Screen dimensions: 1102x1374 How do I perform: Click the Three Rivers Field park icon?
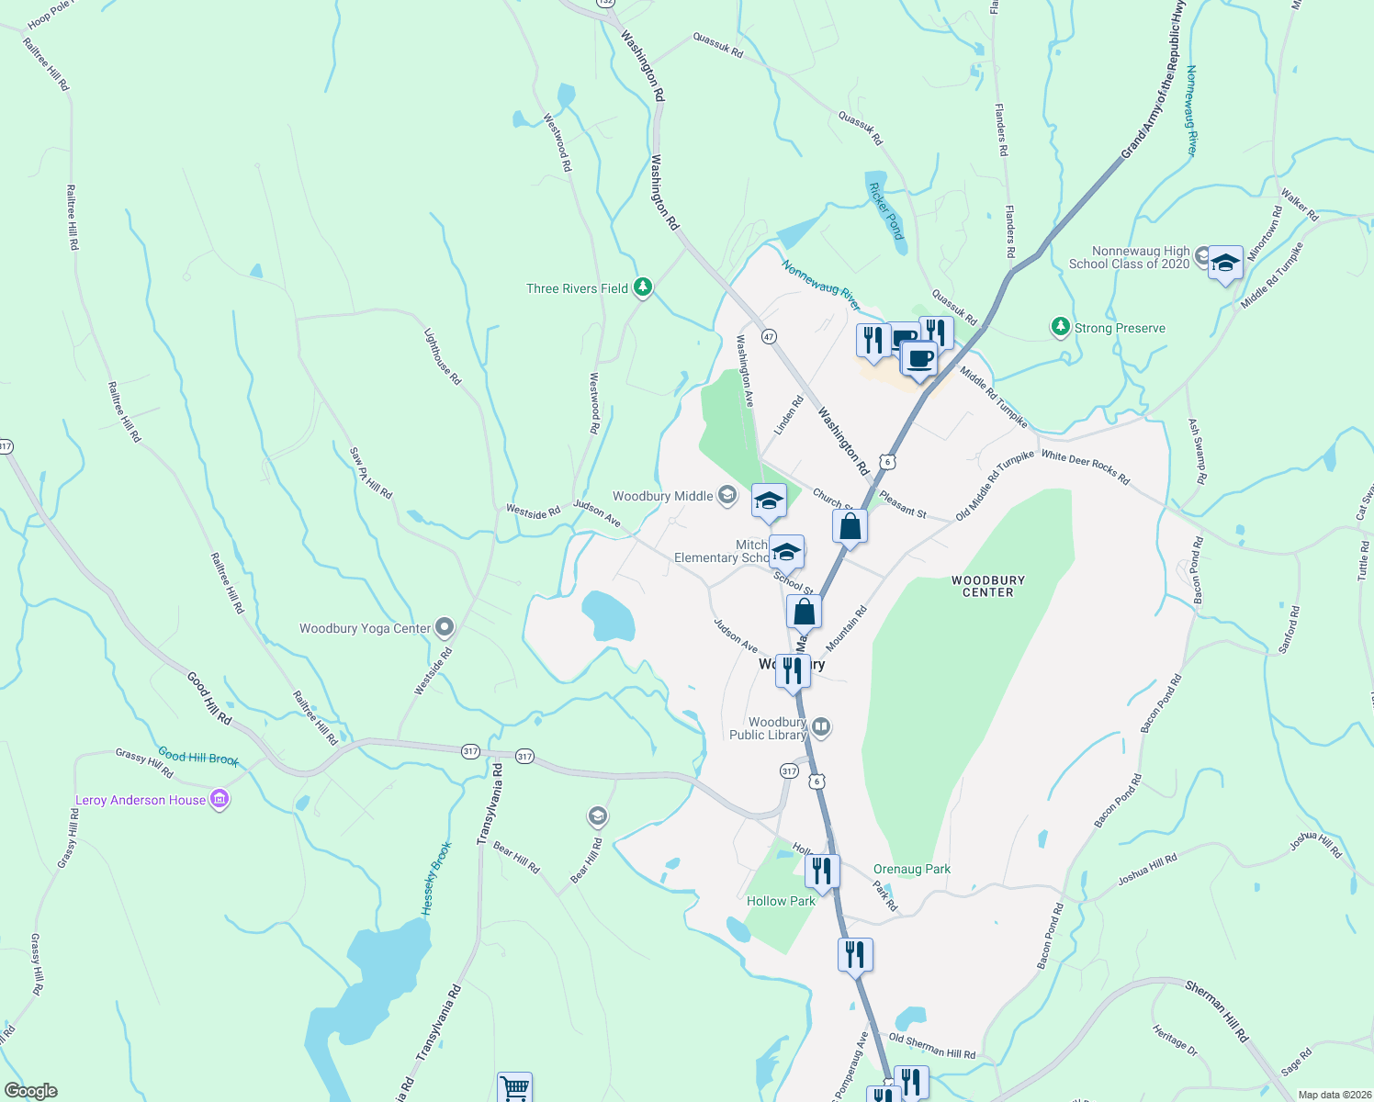(643, 288)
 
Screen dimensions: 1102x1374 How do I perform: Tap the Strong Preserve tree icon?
(1061, 327)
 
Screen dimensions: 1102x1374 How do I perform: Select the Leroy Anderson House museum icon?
(220, 800)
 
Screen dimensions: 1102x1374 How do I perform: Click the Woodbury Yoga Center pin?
(445, 628)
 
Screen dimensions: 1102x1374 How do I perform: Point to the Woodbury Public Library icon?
(821, 728)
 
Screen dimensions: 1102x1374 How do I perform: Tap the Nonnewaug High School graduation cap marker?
(1225, 264)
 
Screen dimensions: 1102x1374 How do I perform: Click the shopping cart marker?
(514, 1088)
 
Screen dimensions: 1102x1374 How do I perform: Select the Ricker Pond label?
(885, 210)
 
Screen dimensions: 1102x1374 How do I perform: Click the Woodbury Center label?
(987, 586)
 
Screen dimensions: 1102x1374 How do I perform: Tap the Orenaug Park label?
(911, 869)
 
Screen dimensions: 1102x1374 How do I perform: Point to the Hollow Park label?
(781, 901)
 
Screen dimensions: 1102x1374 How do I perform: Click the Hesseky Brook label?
(436, 878)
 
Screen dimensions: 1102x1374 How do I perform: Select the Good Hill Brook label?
(198, 757)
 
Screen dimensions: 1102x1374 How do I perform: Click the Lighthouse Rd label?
(442, 356)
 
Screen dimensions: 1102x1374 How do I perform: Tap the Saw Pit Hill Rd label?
(370, 473)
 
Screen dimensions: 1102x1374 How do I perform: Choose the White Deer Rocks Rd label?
(1085, 467)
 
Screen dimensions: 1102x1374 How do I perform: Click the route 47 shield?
(769, 337)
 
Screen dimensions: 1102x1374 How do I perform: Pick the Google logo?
(31, 1090)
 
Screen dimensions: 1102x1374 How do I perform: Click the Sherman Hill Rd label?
(1216, 1011)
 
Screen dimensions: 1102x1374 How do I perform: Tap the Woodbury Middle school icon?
(726, 496)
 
